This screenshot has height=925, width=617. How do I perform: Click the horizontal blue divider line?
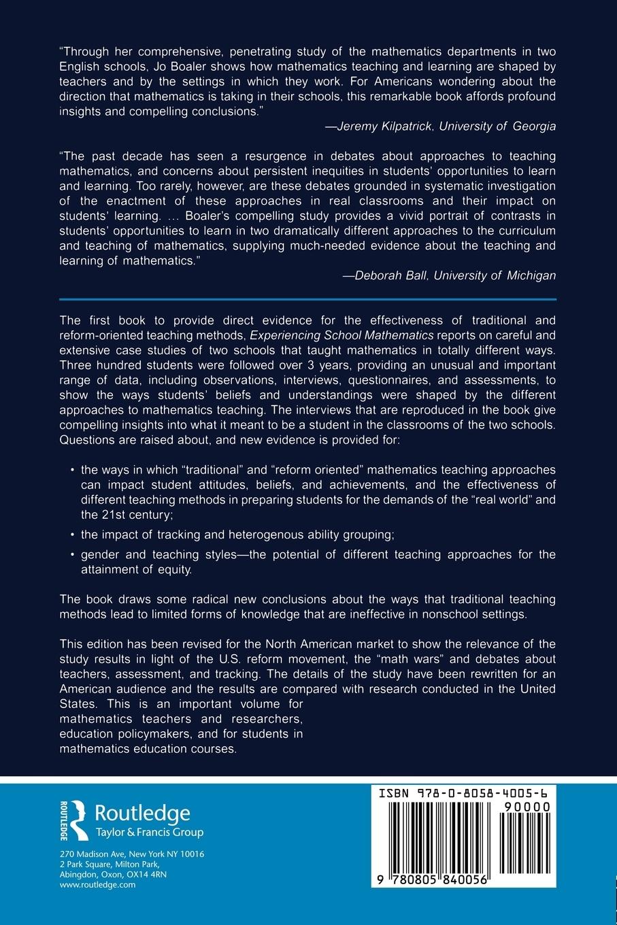click(308, 299)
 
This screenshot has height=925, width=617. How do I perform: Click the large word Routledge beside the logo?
click(142, 813)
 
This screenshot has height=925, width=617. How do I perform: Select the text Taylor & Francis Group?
click(149, 832)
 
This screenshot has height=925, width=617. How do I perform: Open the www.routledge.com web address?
click(98, 885)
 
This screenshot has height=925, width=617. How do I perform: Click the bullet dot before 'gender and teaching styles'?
click(73, 554)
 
